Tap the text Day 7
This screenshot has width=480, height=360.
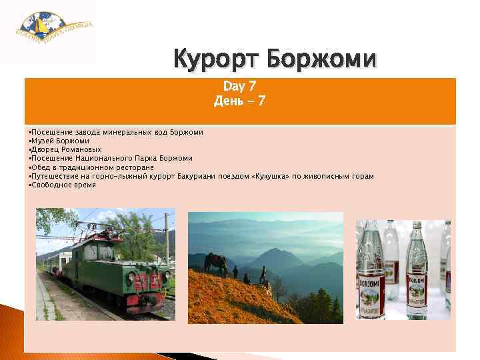(239, 87)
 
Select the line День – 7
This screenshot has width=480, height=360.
(239, 101)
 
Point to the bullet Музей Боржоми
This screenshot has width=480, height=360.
(60, 141)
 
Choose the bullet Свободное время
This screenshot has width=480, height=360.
(64, 185)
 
